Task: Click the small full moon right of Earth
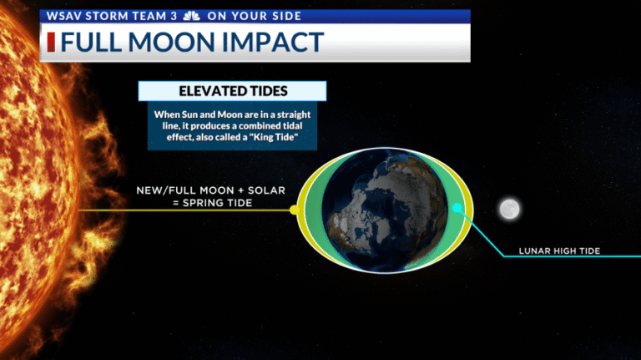click(509, 210)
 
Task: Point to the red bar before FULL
click(51, 43)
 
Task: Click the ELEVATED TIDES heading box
click(232, 91)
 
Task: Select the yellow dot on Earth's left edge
click(293, 210)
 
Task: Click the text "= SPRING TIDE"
click(211, 203)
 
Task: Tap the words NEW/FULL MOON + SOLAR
click(211, 190)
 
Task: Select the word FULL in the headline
click(94, 43)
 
